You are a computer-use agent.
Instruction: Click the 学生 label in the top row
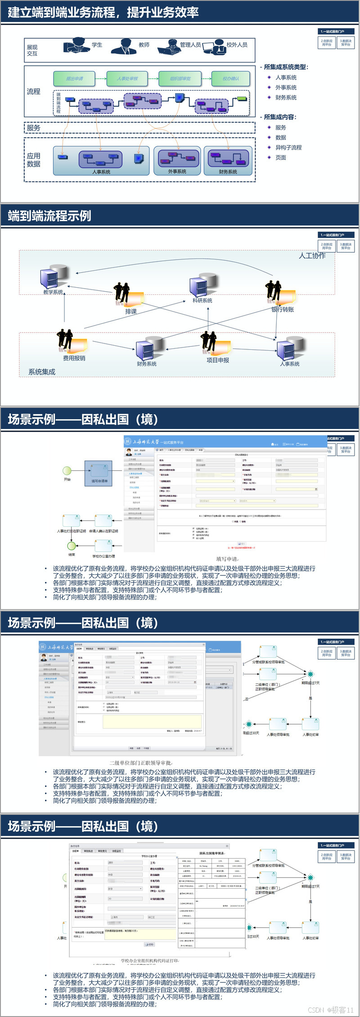tap(97, 45)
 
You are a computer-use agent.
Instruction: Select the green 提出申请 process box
tap(74, 79)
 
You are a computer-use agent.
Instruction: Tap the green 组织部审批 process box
tap(180, 79)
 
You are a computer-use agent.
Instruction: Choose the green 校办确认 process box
tap(231, 79)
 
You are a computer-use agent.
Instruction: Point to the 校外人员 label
tap(237, 45)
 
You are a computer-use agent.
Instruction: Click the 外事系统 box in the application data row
tap(177, 161)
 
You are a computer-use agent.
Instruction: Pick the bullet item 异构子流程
tap(288, 148)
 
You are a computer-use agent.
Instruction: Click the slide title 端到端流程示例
tap(49, 216)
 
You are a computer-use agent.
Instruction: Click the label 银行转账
tap(283, 309)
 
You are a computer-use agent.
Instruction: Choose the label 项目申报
tap(218, 360)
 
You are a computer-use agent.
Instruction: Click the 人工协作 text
tap(312, 256)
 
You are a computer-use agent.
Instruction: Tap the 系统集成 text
tap(42, 372)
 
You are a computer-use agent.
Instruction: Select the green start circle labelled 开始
tap(67, 471)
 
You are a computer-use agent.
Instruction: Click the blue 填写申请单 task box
tap(99, 473)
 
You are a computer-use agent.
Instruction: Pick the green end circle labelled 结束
tap(72, 546)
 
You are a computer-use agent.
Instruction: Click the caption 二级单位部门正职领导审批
tap(141, 763)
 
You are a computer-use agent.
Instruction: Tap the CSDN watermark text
tap(331, 1010)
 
